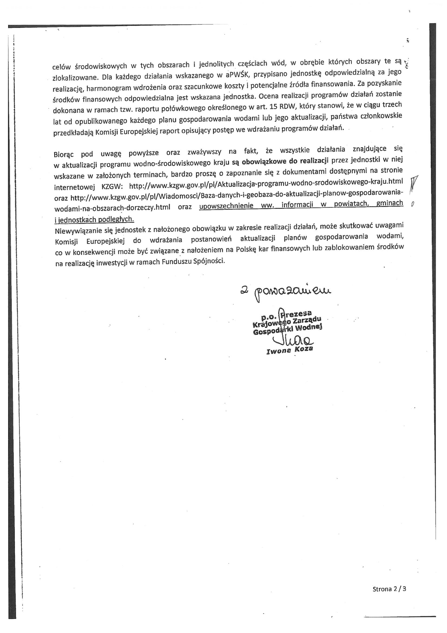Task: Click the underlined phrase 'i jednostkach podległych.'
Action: click(94, 219)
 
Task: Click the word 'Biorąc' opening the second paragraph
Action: click(64, 154)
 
